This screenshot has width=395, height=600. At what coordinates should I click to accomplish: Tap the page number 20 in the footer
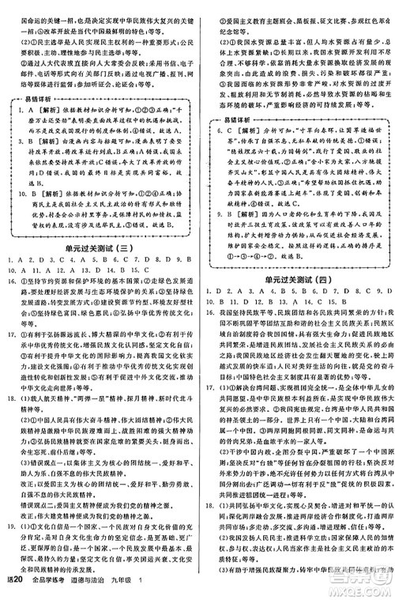click(x=13, y=589)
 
